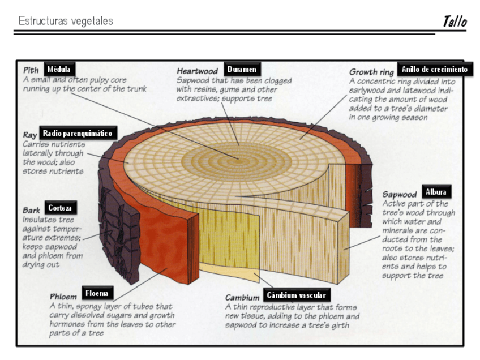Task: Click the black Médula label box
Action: (x=59, y=69)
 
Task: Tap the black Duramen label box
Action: (x=242, y=69)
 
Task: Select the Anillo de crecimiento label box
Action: (x=434, y=69)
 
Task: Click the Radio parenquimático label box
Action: (x=77, y=134)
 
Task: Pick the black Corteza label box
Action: (x=59, y=208)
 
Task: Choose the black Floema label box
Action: (x=96, y=293)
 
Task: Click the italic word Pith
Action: (x=31, y=71)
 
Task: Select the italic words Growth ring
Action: (x=371, y=72)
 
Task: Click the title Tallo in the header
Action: (x=455, y=22)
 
